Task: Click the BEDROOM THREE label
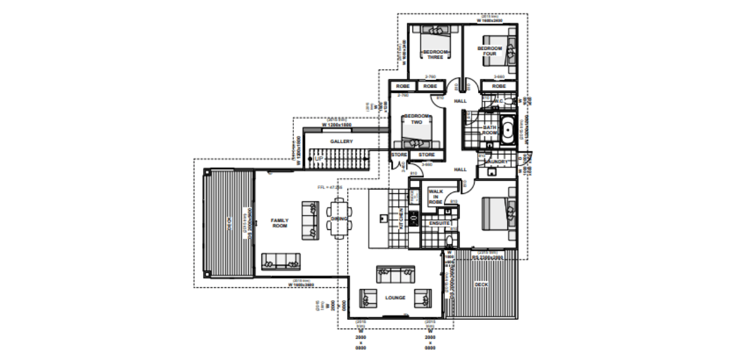point(436,55)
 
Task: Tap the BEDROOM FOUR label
point(490,51)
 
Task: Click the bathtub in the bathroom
point(509,130)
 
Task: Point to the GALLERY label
point(342,142)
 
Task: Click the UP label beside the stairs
point(318,159)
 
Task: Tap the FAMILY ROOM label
point(280,223)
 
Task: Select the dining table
point(339,219)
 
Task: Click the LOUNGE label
point(395,298)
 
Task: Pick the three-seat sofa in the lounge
point(396,273)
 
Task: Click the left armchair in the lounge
point(368,298)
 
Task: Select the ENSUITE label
point(438,223)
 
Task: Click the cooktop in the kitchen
point(414,219)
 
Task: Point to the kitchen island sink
point(382,218)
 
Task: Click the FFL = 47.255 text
point(329,188)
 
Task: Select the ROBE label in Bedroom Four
point(499,86)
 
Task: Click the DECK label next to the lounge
point(482,285)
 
